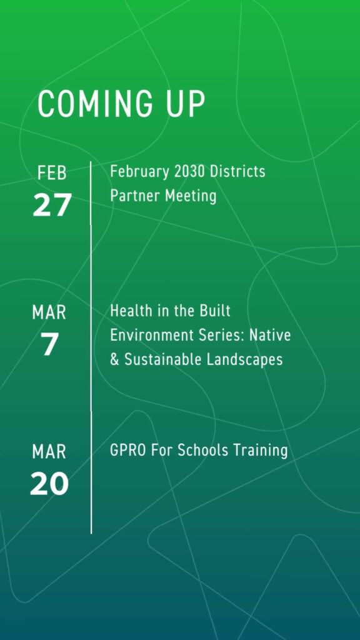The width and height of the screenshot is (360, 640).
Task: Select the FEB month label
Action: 52,174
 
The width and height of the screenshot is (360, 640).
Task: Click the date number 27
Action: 52,204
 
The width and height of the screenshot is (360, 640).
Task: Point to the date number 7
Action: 49,344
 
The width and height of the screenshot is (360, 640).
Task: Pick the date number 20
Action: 49,484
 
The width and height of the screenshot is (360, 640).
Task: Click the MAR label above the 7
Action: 49,313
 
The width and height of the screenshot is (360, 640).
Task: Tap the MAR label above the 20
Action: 49,452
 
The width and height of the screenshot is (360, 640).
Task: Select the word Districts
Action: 237,171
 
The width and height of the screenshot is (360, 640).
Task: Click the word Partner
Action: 135,196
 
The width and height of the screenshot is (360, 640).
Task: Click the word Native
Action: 270,336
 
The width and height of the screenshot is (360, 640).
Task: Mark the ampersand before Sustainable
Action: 115,360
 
